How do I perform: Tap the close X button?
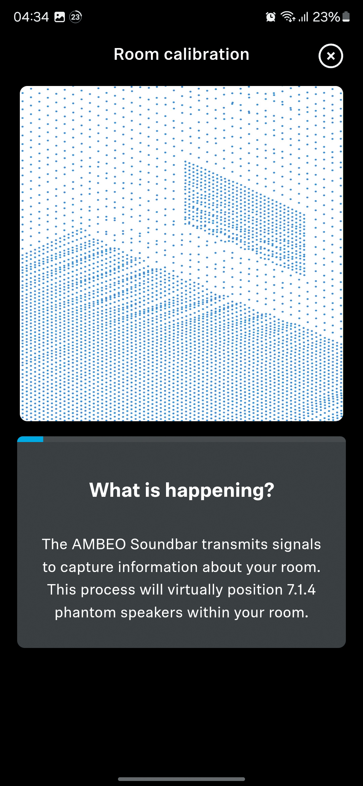(331, 56)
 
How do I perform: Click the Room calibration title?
(182, 54)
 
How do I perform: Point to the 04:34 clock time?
(31, 17)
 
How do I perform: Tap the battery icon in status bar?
(346, 17)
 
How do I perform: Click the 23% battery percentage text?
(326, 17)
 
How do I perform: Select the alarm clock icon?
(271, 17)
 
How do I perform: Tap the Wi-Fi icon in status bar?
(288, 16)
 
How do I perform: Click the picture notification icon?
(59, 17)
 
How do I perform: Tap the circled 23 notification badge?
(76, 17)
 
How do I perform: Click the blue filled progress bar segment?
(30, 439)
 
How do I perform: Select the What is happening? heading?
(182, 490)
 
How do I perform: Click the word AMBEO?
(99, 544)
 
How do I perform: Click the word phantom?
(85, 613)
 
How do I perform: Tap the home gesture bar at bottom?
(182, 779)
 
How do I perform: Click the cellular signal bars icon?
(304, 17)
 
